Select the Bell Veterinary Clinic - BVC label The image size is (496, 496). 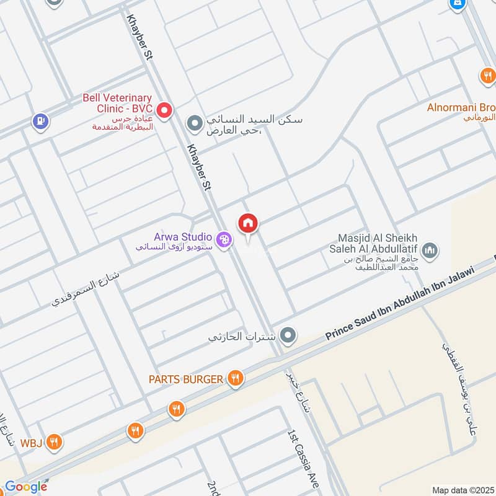[117, 103]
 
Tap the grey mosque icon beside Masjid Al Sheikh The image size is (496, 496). [430, 250]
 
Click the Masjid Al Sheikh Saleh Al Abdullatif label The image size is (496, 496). [378, 244]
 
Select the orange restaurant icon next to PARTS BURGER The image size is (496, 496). [235, 378]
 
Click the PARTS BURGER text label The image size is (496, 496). [185, 379]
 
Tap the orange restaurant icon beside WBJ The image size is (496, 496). [55, 442]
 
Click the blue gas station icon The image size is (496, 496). [40, 121]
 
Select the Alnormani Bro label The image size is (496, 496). [461, 107]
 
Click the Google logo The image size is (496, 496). [25, 487]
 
